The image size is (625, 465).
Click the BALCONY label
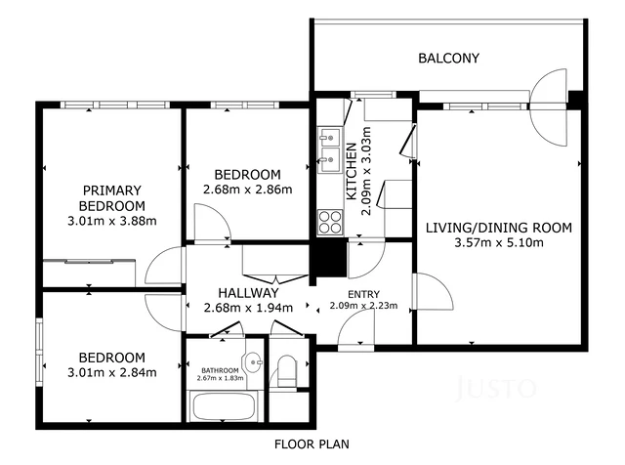tap(448, 59)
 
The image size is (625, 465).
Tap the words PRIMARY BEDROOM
tap(113, 198)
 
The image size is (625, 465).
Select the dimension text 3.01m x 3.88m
tap(113, 221)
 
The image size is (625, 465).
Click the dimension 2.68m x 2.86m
tap(247, 190)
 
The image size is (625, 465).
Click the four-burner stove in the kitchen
tap(329, 222)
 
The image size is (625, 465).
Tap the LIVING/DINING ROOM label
tap(498, 228)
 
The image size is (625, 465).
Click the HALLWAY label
tap(248, 292)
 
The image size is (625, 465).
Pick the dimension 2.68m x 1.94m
tap(248, 308)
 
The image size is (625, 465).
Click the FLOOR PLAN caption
tap(312, 444)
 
